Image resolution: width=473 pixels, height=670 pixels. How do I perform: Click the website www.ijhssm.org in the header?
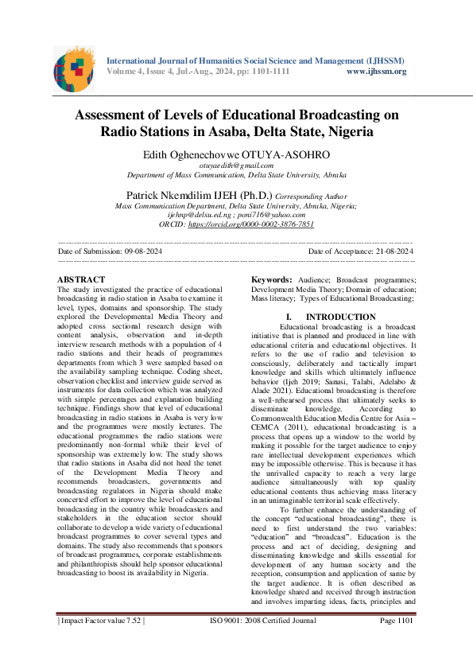(377, 72)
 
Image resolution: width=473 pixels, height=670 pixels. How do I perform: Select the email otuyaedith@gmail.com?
(236, 165)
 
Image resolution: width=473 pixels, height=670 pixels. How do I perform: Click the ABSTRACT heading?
(82, 279)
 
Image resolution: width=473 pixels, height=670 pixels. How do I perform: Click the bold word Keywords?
(271, 280)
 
